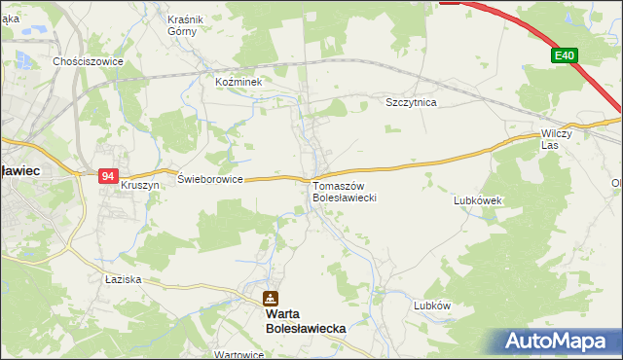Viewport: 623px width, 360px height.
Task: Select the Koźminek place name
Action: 239,83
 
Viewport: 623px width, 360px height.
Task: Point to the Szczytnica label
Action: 411,102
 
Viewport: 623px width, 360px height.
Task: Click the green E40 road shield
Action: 564,56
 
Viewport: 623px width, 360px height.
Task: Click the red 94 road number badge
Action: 108,176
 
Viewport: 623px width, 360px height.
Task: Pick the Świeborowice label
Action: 209,179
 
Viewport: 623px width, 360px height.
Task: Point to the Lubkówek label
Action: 477,200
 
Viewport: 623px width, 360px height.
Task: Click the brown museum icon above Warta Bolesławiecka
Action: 270,299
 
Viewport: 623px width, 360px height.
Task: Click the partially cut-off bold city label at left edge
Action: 18,170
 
